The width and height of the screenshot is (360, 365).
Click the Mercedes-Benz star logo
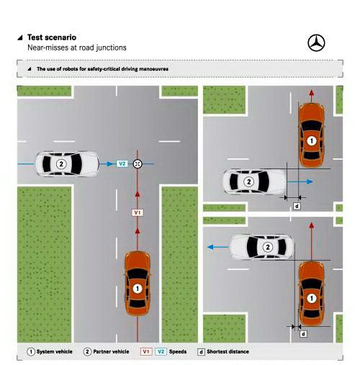tap(316, 43)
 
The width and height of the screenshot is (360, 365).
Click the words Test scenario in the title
tap(52, 37)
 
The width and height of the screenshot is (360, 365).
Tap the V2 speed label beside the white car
tap(122, 164)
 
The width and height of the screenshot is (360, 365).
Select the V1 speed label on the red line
tap(138, 212)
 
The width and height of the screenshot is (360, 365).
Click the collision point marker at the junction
tap(138, 164)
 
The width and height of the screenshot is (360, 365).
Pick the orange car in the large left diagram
tap(138, 284)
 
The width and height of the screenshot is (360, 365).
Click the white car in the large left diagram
tap(67, 164)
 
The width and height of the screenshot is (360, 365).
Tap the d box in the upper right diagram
tap(297, 206)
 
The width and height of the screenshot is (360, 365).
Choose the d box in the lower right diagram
tap(303, 334)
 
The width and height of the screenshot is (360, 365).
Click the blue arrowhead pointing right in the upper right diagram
tap(310, 181)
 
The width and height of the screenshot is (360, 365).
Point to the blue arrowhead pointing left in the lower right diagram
tap(210, 247)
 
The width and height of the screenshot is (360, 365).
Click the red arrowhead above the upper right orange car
tap(312, 93)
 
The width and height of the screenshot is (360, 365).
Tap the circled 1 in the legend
tap(31, 352)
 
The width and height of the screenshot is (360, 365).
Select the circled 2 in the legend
tap(87, 352)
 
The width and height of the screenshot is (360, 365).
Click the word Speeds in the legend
tap(178, 352)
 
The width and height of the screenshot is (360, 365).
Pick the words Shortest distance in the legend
tap(228, 352)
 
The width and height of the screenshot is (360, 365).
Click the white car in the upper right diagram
tap(255, 181)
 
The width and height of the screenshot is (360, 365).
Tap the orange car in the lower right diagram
tap(312, 293)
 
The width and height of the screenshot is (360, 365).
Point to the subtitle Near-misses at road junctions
tap(77, 48)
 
